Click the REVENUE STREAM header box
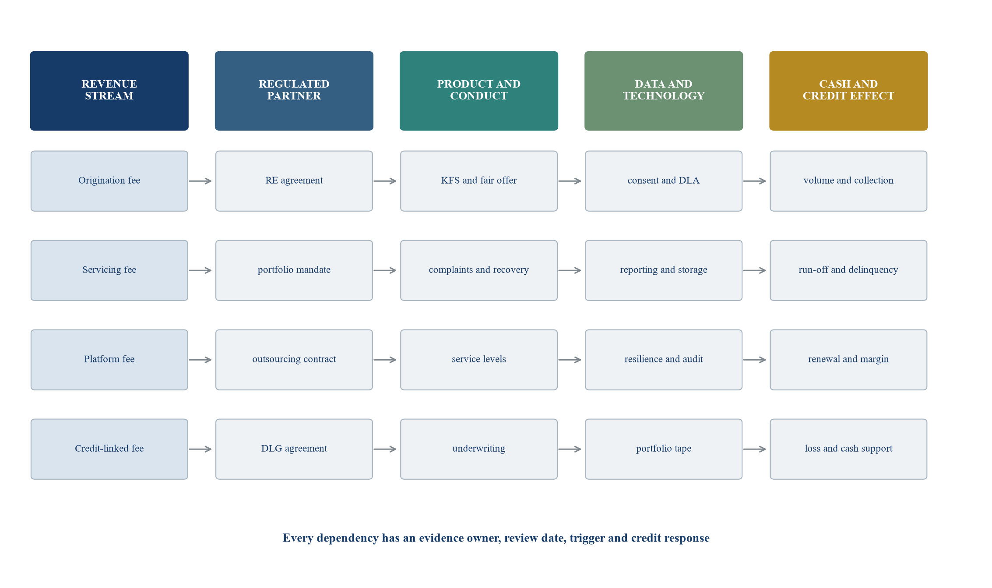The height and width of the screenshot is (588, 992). [x=109, y=91]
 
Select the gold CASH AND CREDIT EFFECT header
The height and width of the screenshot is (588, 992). [x=848, y=91]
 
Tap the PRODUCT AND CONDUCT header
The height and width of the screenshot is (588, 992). [x=479, y=91]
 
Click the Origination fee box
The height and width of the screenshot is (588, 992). [x=109, y=181]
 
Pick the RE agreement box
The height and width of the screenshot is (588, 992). [x=294, y=181]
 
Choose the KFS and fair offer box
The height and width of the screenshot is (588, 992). [x=479, y=181]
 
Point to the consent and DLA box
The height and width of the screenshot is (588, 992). [x=664, y=181]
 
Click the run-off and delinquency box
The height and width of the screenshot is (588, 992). [x=848, y=270]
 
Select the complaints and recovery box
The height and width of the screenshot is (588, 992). [x=479, y=270]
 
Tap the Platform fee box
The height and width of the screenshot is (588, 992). [x=109, y=360]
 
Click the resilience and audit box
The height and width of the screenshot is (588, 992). [x=664, y=360]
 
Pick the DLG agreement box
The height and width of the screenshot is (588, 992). [x=294, y=449]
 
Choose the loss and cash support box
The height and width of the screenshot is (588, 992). [x=848, y=449]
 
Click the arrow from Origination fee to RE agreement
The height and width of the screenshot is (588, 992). [x=200, y=181]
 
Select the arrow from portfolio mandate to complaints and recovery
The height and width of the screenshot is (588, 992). [x=385, y=270]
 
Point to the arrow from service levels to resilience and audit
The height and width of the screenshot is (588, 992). [x=570, y=360]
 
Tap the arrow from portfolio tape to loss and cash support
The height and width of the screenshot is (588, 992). [x=754, y=449]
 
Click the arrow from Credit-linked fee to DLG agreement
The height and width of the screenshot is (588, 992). [x=200, y=449]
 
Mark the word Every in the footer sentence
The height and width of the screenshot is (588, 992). [x=298, y=538]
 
